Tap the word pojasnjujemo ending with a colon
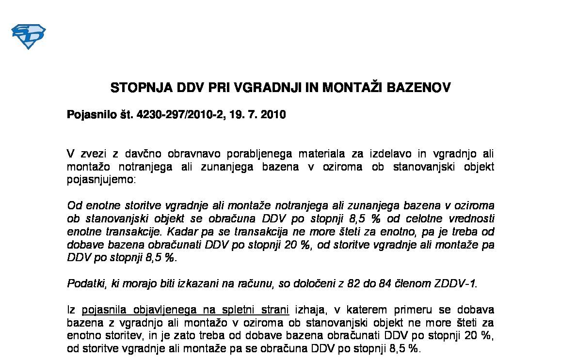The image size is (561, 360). [x=102, y=180]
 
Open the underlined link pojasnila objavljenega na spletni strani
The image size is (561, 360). [x=185, y=310]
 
